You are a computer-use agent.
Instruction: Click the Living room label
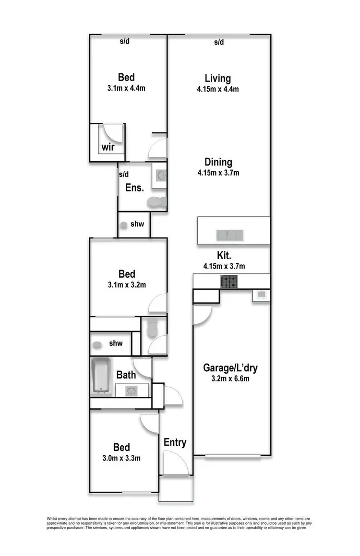(x=217, y=78)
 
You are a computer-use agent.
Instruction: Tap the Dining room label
(x=217, y=162)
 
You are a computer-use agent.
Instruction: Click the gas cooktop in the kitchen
(x=228, y=282)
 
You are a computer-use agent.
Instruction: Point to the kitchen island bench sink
(x=230, y=235)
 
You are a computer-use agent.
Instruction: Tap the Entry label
(x=175, y=442)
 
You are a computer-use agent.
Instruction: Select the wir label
(x=107, y=147)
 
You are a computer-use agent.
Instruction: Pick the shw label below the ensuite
(x=137, y=224)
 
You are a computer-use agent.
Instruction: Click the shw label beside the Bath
(x=116, y=343)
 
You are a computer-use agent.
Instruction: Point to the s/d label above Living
(x=219, y=42)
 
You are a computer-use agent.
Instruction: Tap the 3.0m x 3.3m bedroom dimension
(x=121, y=458)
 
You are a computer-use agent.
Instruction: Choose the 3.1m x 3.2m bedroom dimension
(x=127, y=284)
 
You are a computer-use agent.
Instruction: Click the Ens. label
(x=134, y=188)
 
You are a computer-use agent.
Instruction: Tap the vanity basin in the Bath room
(x=131, y=391)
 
